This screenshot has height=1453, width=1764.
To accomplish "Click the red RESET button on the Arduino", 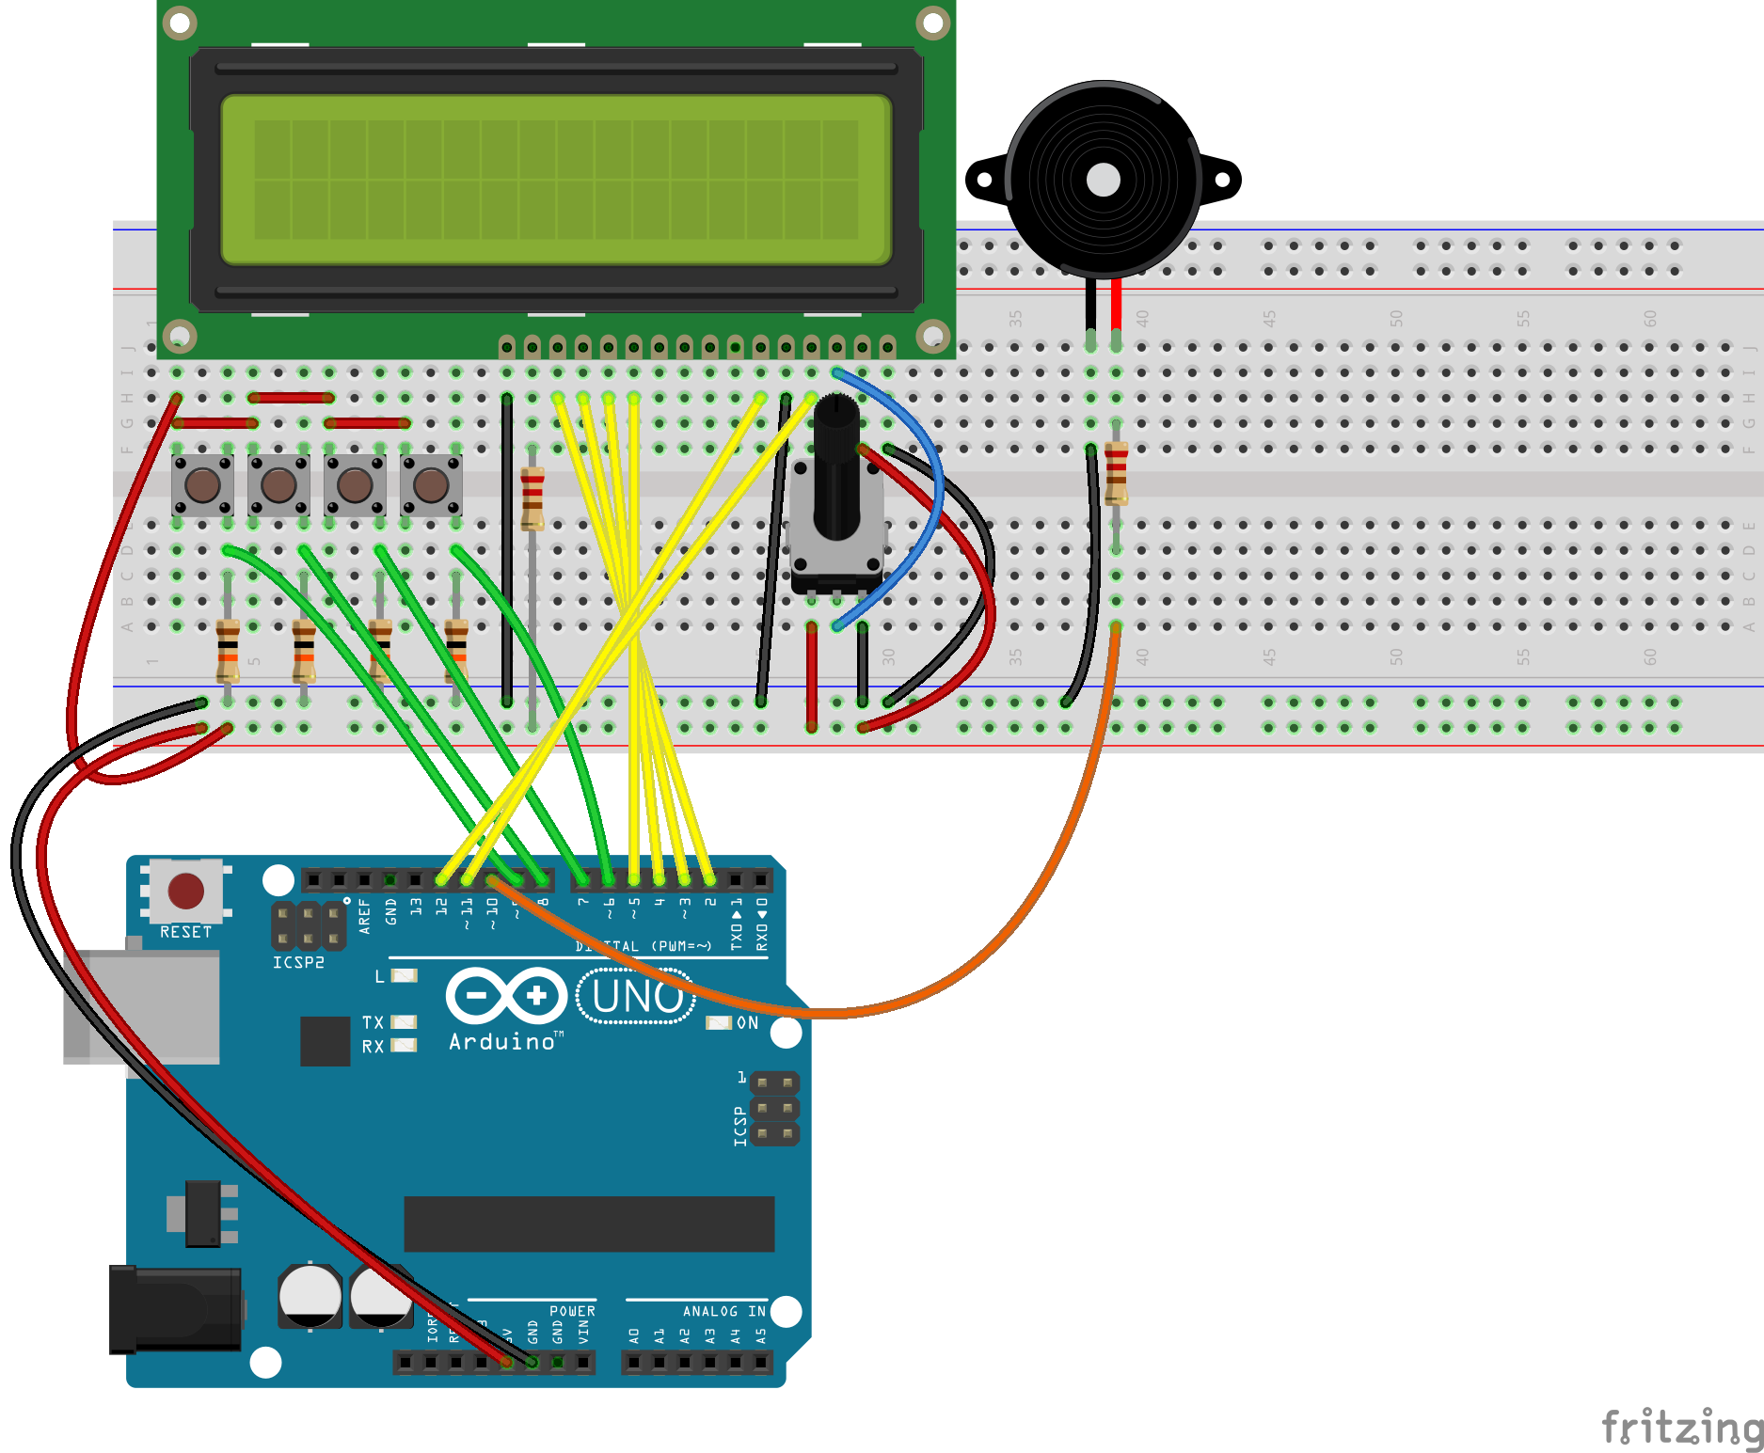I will coord(185,890).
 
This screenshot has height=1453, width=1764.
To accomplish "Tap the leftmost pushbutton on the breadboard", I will coord(202,485).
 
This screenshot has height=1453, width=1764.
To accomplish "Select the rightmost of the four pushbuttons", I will coord(431,485).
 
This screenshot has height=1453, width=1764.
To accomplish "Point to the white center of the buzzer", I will coord(1103,180).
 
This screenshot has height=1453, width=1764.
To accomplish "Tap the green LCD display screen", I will coord(555,180).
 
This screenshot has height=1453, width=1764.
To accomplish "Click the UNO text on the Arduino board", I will coord(637,997).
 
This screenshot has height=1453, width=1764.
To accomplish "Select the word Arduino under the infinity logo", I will coord(501,1042).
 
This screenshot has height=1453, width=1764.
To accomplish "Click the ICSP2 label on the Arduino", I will coord(298,963).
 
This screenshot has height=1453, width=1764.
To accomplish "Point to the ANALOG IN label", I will coord(724,1311).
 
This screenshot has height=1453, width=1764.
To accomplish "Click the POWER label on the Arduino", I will coord(572,1311).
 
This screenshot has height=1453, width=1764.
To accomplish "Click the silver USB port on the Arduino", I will coord(141,1006).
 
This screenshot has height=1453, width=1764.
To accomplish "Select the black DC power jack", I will coord(174,1309).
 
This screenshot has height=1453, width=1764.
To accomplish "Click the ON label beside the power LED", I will coord(747,1022).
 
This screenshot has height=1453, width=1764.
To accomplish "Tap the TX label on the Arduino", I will coord(373,1022).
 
